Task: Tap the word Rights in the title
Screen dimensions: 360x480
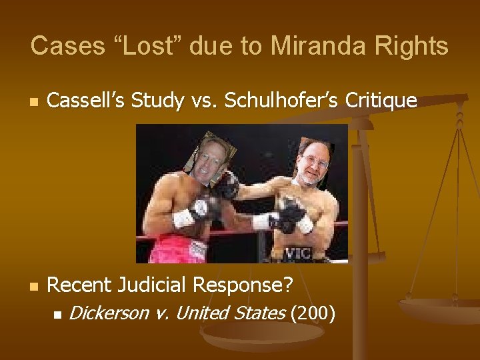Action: click(x=411, y=46)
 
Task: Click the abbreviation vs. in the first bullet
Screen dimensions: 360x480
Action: click(x=203, y=101)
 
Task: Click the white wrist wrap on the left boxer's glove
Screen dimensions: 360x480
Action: click(x=181, y=217)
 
